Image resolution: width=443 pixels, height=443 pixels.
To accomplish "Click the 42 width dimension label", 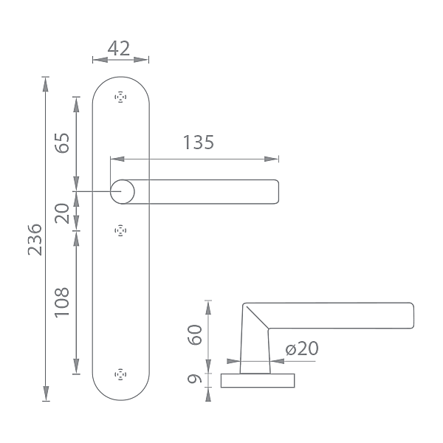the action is [119, 48].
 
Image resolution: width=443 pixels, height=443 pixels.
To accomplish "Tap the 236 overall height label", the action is [35, 239].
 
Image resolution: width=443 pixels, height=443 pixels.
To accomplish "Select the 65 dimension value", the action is [62, 142].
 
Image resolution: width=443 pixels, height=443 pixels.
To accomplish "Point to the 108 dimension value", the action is [62, 303].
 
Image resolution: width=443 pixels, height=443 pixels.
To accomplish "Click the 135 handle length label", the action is [199, 142].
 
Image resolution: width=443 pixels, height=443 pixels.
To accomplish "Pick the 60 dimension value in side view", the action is [195, 334].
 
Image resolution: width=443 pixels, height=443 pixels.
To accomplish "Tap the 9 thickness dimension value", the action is [195, 378].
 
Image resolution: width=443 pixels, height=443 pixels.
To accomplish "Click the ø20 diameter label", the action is [302, 348].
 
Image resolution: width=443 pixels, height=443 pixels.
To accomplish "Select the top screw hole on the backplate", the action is [120, 97].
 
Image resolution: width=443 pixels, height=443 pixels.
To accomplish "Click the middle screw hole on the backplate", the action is [120, 231].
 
